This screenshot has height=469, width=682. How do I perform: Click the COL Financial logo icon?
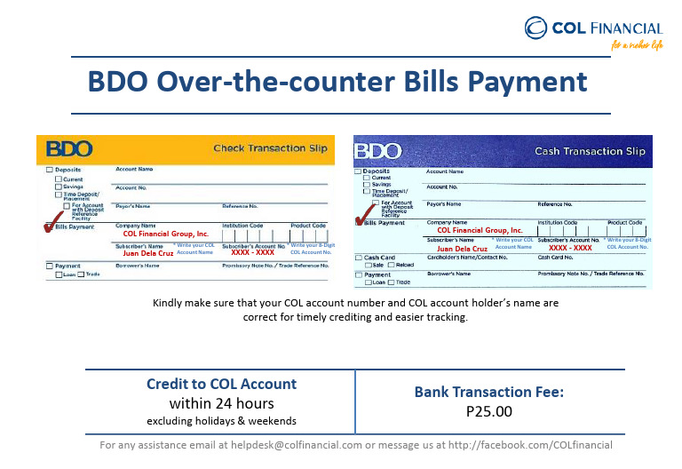click(535, 29)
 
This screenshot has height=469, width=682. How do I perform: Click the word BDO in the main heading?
click(119, 83)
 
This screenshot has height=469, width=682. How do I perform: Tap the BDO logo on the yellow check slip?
click(69, 148)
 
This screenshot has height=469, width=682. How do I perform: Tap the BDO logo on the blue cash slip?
click(378, 151)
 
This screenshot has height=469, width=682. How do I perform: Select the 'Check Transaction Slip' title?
click(271, 148)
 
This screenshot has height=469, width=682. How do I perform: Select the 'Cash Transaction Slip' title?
click(590, 151)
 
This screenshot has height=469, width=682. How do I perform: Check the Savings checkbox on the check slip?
click(55, 186)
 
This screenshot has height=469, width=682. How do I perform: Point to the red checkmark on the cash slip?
click(361, 215)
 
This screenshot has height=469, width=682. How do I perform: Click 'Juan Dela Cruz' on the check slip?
click(147, 253)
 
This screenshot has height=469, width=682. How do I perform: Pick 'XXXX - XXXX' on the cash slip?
click(570, 248)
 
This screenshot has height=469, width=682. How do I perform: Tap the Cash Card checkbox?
click(358, 258)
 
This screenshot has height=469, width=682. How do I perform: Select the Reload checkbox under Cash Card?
click(390, 266)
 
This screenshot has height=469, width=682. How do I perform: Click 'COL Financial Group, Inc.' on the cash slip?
click(480, 230)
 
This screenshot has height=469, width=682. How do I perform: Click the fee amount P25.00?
click(489, 412)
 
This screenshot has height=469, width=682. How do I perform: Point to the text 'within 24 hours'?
click(221, 403)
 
